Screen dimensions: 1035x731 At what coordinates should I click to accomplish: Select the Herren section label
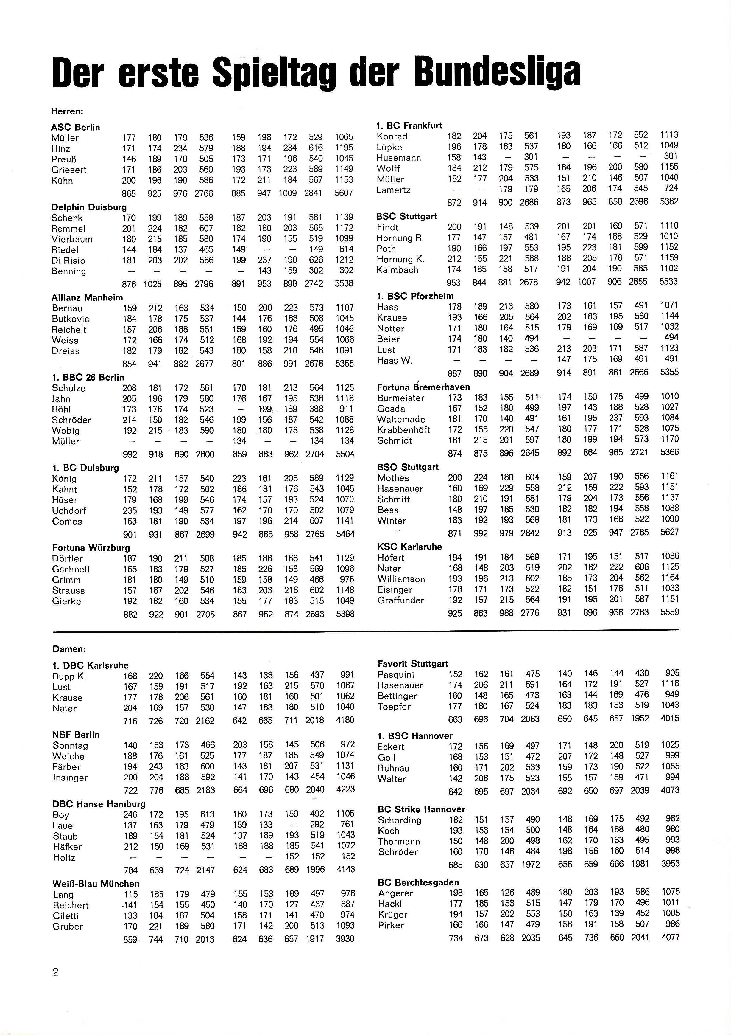point(67,111)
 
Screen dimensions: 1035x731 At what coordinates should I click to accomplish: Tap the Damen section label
point(69,649)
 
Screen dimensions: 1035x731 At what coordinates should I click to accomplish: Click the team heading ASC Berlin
point(76,127)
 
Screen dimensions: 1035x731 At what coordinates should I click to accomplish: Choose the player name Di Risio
point(68,260)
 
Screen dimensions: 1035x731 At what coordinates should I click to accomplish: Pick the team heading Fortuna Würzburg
point(91,548)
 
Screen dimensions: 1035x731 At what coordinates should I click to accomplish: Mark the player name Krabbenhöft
point(403,430)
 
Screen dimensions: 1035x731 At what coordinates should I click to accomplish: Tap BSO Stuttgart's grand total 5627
point(669,532)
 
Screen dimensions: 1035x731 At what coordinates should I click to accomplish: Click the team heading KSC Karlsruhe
point(409,547)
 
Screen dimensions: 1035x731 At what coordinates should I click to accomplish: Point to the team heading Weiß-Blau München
point(96,884)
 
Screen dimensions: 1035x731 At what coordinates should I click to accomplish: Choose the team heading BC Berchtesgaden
point(418,882)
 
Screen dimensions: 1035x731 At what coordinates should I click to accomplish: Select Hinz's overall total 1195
point(344,148)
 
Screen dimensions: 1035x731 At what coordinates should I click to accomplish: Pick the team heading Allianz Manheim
point(87,297)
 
